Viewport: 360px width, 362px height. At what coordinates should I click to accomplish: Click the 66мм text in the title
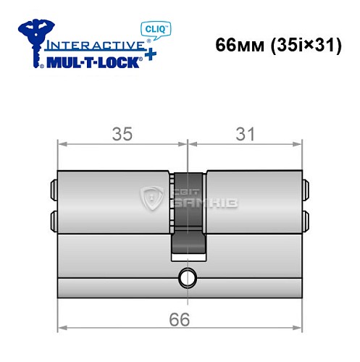(x=238, y=44)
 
